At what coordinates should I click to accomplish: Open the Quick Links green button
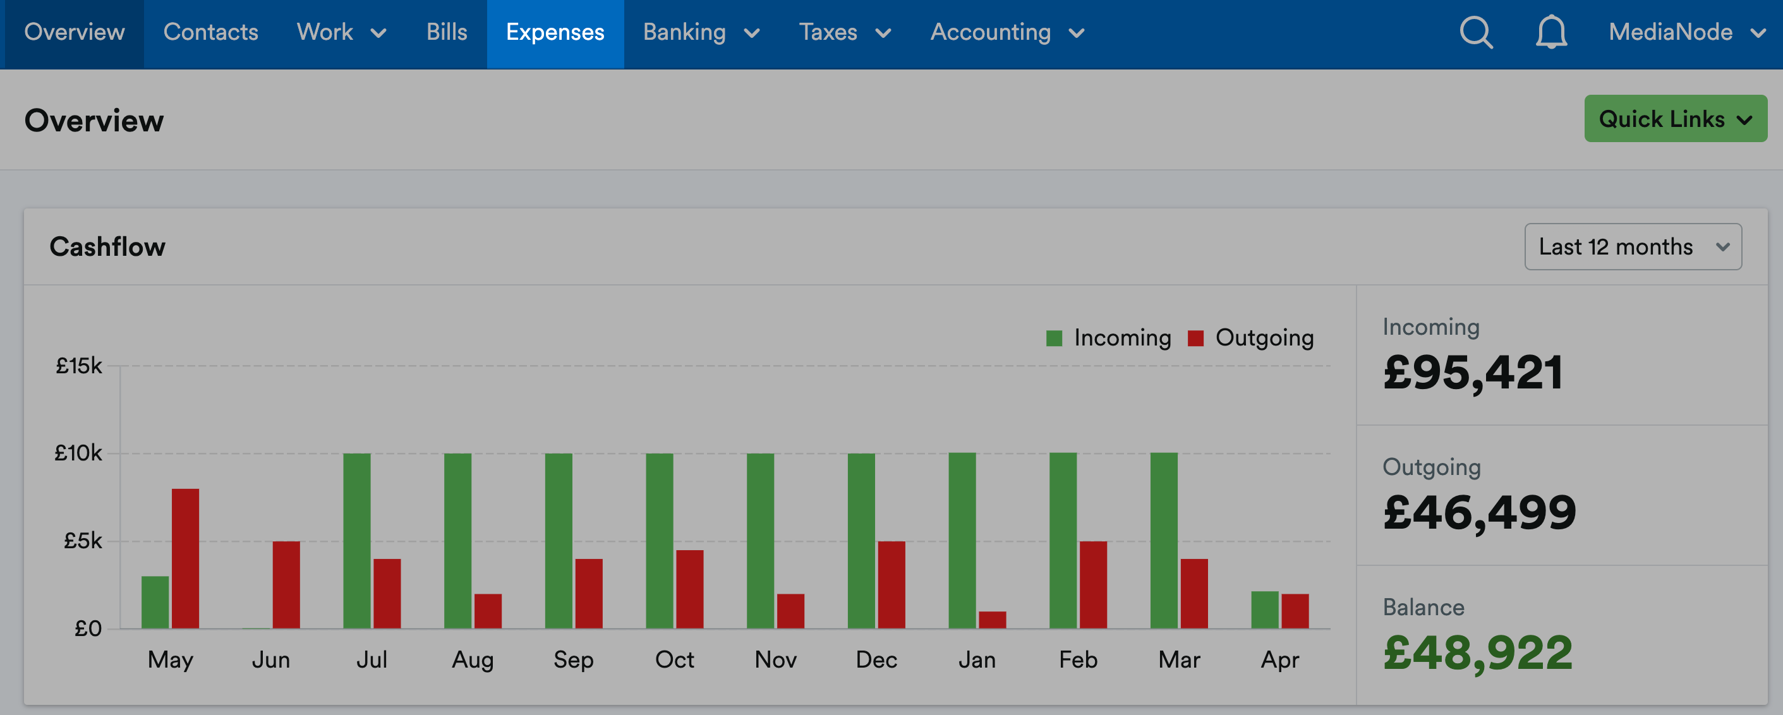[x=1675, y=118]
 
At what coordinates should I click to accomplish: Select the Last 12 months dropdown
[x=1633, y=246]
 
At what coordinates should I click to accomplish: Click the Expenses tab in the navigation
[x=555, y=33]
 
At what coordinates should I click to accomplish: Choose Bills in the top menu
[x=447, y=33]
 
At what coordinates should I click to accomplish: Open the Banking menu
[x=701, y=33]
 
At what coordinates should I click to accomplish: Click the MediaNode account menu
[x=1687, y=33]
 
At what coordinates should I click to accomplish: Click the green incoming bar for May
[x=155, y=602]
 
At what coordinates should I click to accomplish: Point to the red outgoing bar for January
[x=992, y=620]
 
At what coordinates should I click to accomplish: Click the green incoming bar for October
[x=659, y=541]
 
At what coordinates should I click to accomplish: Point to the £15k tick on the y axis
[x=79, y=366]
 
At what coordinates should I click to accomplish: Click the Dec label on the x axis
[x=876, y=659]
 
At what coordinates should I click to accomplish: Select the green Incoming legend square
[x=1054, y=338]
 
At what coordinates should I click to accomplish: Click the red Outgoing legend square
[x=1195, y=338]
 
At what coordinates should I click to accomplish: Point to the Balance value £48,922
[x=1478, y=652]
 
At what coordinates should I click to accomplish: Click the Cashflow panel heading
[x=107, y=246]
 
